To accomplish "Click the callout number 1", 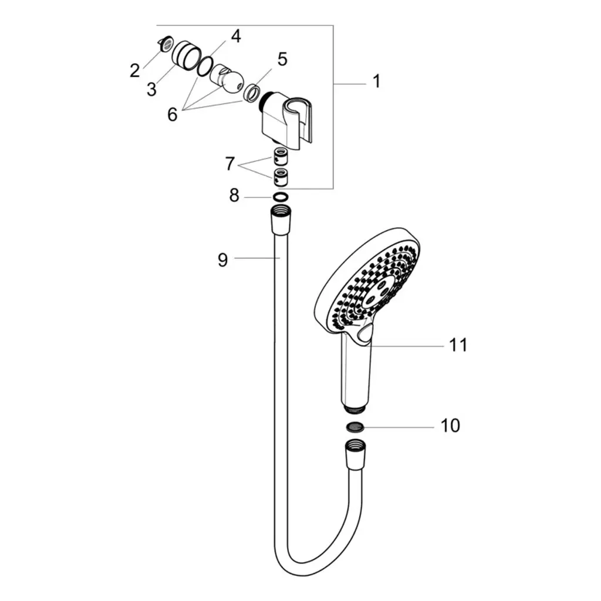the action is point(377,81).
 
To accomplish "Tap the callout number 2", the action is point(134,70).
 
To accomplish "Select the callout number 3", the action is point(152,89).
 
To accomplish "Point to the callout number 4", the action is point(236,36).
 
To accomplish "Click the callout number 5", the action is point(282,59).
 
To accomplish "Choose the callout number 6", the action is point(173,114).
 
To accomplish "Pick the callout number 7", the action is point(229,164).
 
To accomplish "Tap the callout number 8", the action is point(234,195).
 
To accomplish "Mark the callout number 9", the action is point(222,260).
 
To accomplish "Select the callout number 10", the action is point(450,426).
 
